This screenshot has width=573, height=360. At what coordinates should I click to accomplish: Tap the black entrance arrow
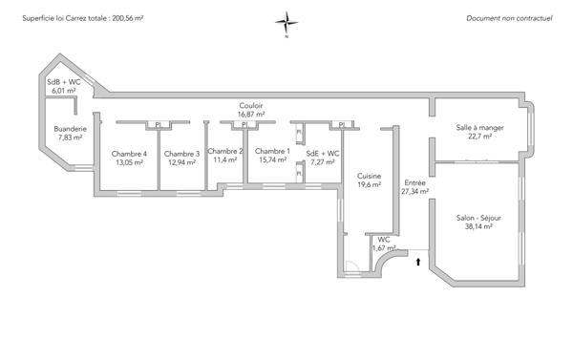[x=418, y=260]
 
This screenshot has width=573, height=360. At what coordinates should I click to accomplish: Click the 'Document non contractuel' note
[x=509, y=18]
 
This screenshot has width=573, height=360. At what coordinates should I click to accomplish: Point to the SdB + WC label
[x=64, y=83]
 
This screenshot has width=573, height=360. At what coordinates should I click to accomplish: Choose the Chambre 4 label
[x=129, y=154]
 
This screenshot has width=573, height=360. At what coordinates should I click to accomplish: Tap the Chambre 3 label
[x=181, y=154]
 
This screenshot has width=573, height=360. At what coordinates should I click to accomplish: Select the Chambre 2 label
[x=225, y=151]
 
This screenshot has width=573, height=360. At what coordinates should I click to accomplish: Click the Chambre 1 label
[x=272, y=151]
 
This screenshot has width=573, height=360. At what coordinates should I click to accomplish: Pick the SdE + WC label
[x=323, y=154]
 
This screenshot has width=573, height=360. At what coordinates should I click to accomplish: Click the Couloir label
[x=251, y=105]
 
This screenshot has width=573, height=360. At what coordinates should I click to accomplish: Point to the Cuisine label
[x=370, y=177]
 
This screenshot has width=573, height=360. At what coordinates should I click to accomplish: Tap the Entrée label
[x=415, y=182]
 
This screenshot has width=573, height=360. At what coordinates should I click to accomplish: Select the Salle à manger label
[x=479, y=127]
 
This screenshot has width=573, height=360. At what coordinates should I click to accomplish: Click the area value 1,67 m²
[x=383, y=247]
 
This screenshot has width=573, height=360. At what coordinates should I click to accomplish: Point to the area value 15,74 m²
[x=272, y=160]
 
